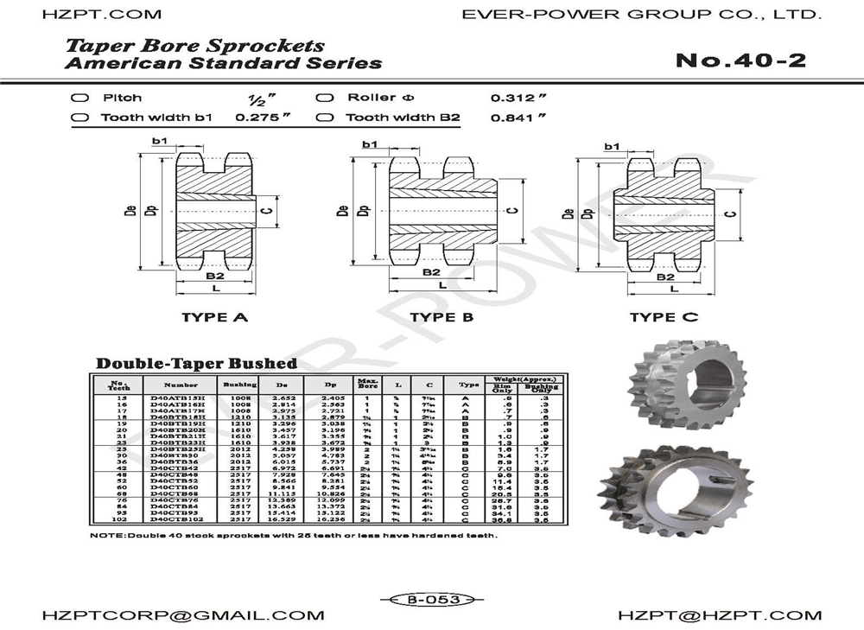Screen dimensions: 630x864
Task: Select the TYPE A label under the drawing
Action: [214, 317]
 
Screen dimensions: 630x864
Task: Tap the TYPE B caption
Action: [442, 317]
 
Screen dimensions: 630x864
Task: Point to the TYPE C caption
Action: [664, 317]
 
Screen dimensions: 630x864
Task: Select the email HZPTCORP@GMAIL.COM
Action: [183, 615]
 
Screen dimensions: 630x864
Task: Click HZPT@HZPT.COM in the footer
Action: [720, 615]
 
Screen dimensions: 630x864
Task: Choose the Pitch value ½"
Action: [257, 99]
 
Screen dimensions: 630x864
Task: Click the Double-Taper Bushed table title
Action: [196, 364]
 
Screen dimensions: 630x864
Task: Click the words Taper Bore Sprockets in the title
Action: [195, 45]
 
